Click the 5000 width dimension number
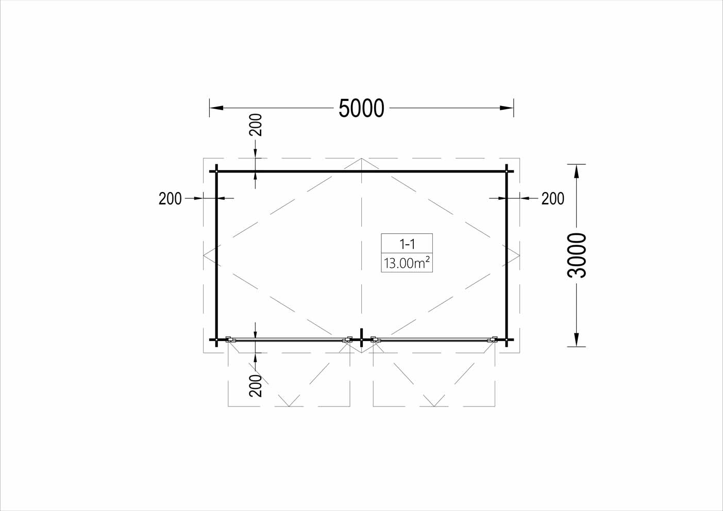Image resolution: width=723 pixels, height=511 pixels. [x=361, y=108]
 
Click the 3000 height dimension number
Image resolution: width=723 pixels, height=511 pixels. [x=577, y=255]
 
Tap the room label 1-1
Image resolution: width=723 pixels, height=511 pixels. [x=407, y=245]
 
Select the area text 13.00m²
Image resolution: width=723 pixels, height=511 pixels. [x=407, y=263]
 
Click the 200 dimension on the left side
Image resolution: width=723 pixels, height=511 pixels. [x=170, y=199]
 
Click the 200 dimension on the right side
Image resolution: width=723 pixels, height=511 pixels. [x=552, y=199]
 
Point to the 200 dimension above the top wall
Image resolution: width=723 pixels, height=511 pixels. [x=255, y=125]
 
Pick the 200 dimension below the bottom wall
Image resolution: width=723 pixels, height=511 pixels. [x=255, y=385]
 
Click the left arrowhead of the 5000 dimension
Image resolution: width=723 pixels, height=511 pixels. [x=216, y=108]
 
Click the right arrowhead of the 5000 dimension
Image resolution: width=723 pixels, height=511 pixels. [x=507, y=108]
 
